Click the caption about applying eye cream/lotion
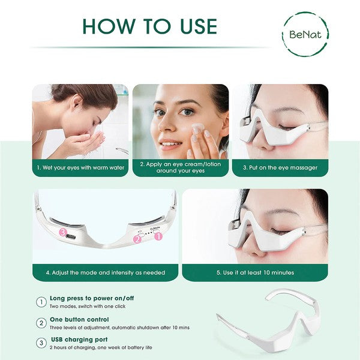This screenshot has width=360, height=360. coord(180,167)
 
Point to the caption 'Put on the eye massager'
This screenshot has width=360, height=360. coord(280,167)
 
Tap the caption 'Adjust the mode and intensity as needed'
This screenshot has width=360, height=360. coord(105,272)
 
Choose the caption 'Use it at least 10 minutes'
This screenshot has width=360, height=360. coord(255,272)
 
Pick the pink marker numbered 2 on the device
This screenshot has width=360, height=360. coord(137,239)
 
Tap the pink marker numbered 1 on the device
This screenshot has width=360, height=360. coord(158,236)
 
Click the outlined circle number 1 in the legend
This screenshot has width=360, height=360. coord(41,302)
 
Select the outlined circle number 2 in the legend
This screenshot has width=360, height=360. coord(41,323)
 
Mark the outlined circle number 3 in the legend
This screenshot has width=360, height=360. coord(41,343)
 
